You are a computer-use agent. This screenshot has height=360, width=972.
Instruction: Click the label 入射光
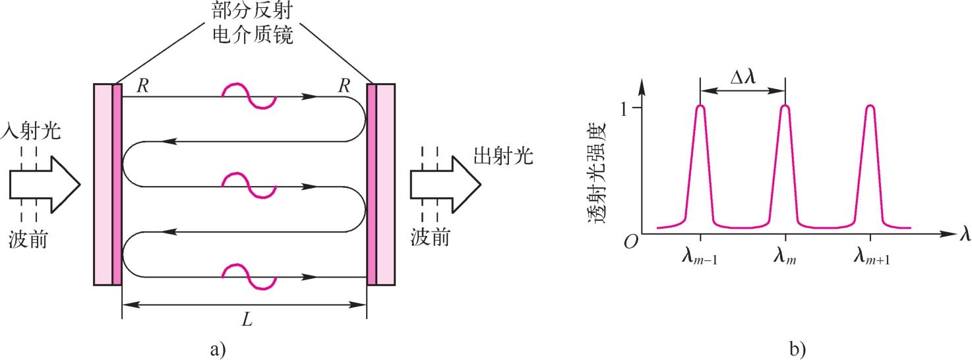31,131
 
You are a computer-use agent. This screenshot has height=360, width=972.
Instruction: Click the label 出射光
503,156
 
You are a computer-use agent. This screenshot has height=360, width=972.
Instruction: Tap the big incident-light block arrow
45,185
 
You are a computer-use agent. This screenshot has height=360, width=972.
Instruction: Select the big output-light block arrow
446,185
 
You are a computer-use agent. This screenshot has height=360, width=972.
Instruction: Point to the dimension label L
247,320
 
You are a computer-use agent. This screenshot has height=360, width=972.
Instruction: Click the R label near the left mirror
142,86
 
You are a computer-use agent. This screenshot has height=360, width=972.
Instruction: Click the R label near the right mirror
344,86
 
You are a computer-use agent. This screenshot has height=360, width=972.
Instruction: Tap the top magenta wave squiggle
249,96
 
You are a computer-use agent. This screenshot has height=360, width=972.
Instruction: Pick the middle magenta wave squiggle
249,186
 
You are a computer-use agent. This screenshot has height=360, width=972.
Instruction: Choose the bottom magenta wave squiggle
249,276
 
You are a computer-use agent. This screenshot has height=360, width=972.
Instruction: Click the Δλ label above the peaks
743,77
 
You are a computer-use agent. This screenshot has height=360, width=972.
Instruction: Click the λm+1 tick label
872,256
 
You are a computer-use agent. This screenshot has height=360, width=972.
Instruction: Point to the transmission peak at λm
785,105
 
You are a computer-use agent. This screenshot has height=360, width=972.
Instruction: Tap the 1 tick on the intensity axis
624,109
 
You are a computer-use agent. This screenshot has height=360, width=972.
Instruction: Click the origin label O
630,242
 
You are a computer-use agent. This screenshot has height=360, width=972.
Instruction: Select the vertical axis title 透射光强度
597,173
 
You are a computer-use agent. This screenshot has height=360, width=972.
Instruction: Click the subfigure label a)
218,349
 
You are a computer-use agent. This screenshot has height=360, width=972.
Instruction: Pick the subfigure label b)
797,349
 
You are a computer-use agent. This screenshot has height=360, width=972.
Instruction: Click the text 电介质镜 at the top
253,34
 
